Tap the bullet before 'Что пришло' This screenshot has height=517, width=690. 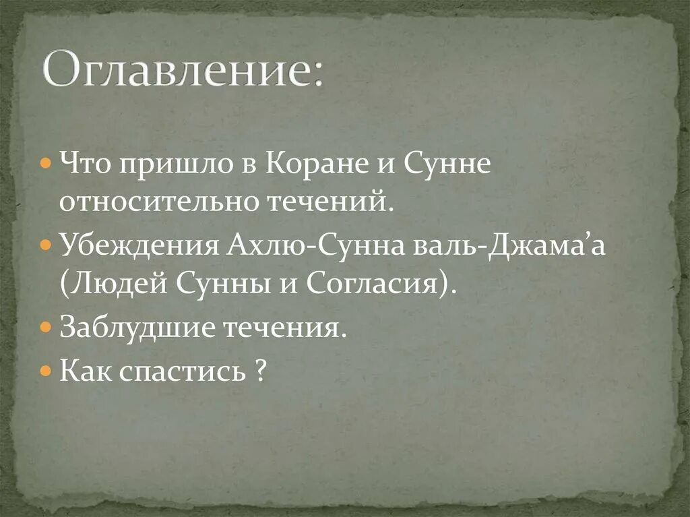point(44,164)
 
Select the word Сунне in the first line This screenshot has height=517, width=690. point(447,164)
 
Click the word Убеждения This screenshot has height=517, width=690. point(137,245)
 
